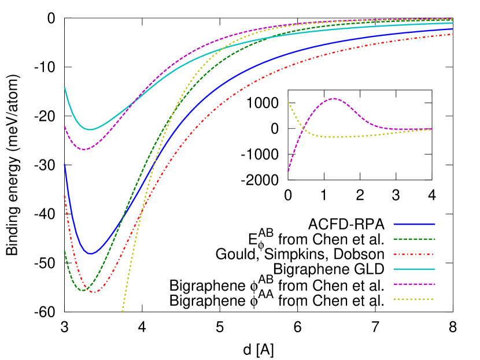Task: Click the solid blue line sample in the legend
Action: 414,224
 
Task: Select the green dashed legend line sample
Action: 414,239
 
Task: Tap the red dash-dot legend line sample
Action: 414,254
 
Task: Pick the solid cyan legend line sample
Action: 414,269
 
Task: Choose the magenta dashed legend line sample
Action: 414,284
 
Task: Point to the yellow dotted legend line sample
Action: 414,299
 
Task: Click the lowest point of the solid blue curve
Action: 90,254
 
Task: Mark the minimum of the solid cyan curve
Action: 90,129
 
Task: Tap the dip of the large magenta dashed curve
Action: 84,150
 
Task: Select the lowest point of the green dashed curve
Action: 83,290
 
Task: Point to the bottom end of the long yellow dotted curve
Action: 122,312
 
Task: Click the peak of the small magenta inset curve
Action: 334,98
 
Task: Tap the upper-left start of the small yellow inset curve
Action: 288,102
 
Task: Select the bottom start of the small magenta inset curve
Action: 289,171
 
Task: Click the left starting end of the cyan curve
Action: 64,88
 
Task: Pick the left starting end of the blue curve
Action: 64,165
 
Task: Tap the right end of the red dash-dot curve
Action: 452,34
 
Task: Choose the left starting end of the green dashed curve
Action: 64,251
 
